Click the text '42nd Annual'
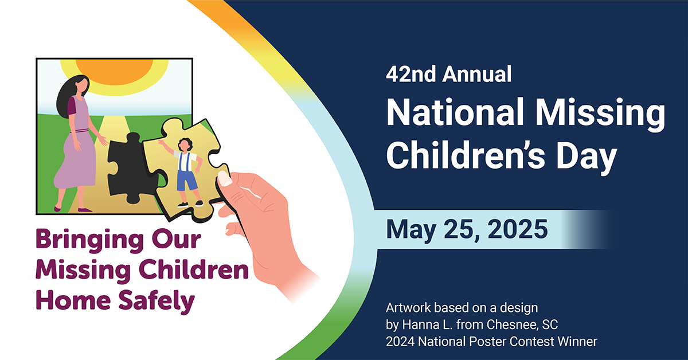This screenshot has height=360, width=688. click(448, 75)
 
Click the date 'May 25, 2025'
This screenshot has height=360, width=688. click(467, 228)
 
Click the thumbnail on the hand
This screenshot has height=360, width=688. click(225, 179)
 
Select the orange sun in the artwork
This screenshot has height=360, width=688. click(120, 69)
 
